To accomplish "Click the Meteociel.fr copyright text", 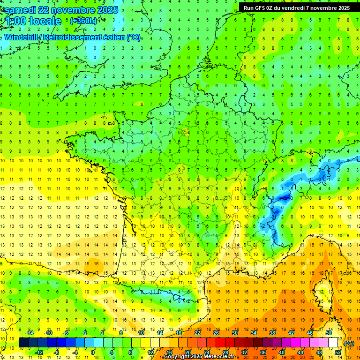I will (x=199, y=357).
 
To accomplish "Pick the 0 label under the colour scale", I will (x=93, y=352).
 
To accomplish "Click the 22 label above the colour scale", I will (x=197, y=333).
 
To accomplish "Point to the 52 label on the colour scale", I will (x=338, y=352).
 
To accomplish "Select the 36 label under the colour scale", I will (x=262, y=352).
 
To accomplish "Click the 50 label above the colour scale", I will (x=329, y=333).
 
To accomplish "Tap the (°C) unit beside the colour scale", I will (x=349, y=343).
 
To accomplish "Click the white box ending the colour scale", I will (x=333, y=343).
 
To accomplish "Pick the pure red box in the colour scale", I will (x=220, y=343).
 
